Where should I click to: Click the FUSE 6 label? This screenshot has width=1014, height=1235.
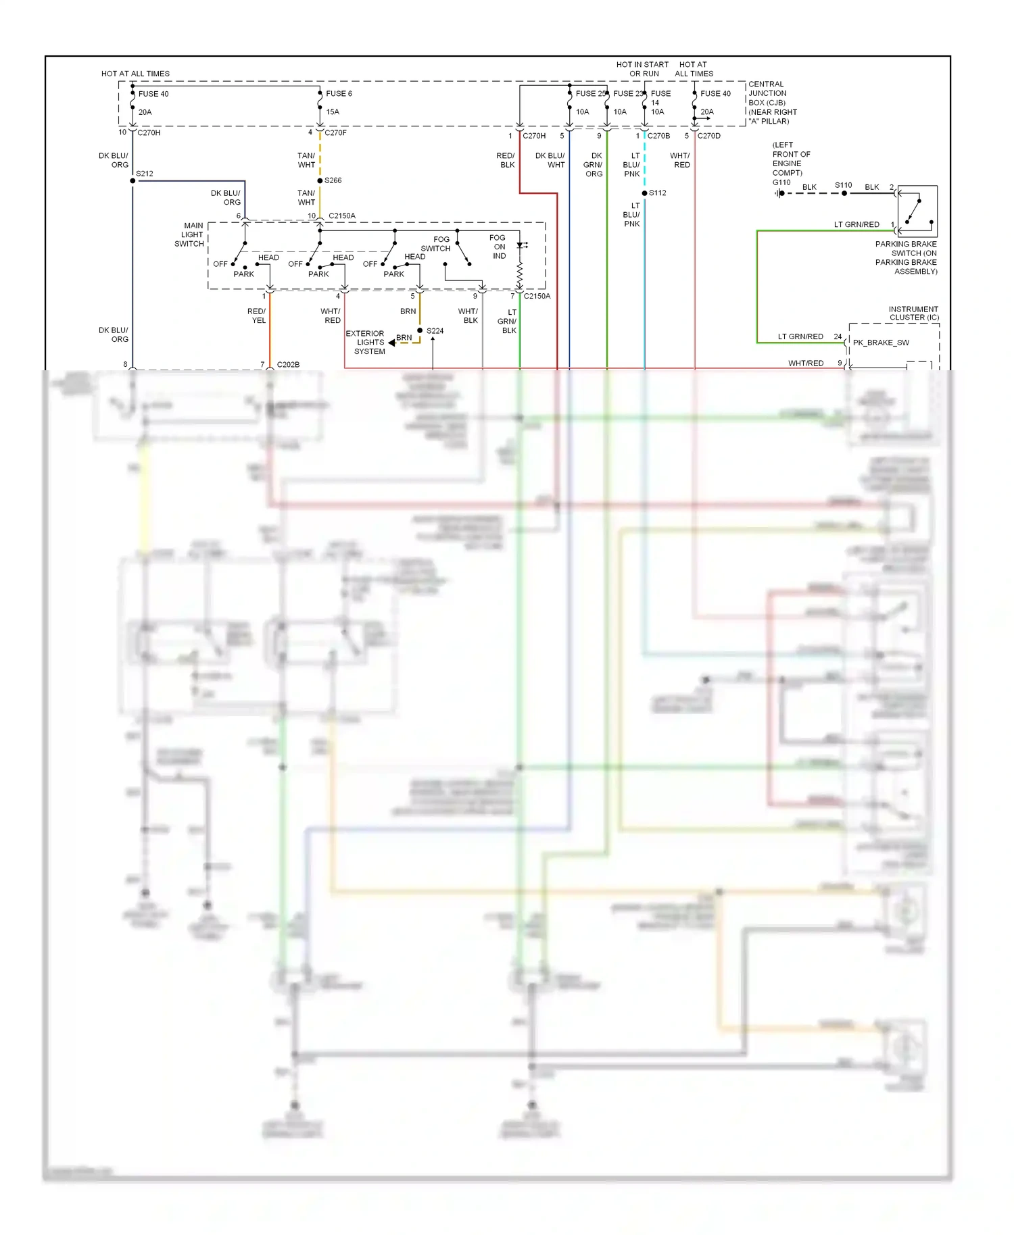[x=339, y=94]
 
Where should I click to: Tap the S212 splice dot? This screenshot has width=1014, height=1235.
[x=132, y=180]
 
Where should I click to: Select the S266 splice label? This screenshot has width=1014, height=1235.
[x=333, y=180]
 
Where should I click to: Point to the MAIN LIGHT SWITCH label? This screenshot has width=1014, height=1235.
[x=190, y=235]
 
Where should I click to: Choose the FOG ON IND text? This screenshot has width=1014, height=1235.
[x=498, y=247]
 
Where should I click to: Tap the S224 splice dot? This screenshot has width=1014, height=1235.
[x=420, y=330]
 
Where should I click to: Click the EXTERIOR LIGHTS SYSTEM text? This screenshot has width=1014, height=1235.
[x=366, y=343]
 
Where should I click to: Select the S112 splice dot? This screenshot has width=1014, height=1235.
[x=645, y=193]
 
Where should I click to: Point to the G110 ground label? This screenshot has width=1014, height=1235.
[x=781, y=182]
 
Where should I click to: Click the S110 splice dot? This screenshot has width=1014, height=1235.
[x=844, y=193]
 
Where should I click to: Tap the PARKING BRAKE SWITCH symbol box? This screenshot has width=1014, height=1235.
[x=917, y=211]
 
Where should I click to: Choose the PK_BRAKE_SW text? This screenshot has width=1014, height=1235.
[x=881, y=343]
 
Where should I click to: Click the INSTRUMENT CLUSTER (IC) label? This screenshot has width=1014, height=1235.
[x=913, y=313]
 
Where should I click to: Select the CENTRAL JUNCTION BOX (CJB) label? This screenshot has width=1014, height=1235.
[x=767, y=94]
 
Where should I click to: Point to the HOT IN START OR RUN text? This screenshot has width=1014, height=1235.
[x=643, y=69]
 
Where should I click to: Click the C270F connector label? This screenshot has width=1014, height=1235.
[x=336, y=133]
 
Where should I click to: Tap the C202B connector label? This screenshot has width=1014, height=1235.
[x=288, y=365]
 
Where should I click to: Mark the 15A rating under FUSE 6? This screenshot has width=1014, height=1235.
[x=333, y=112]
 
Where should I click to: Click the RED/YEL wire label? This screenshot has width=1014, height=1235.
[x=257, y=316]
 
